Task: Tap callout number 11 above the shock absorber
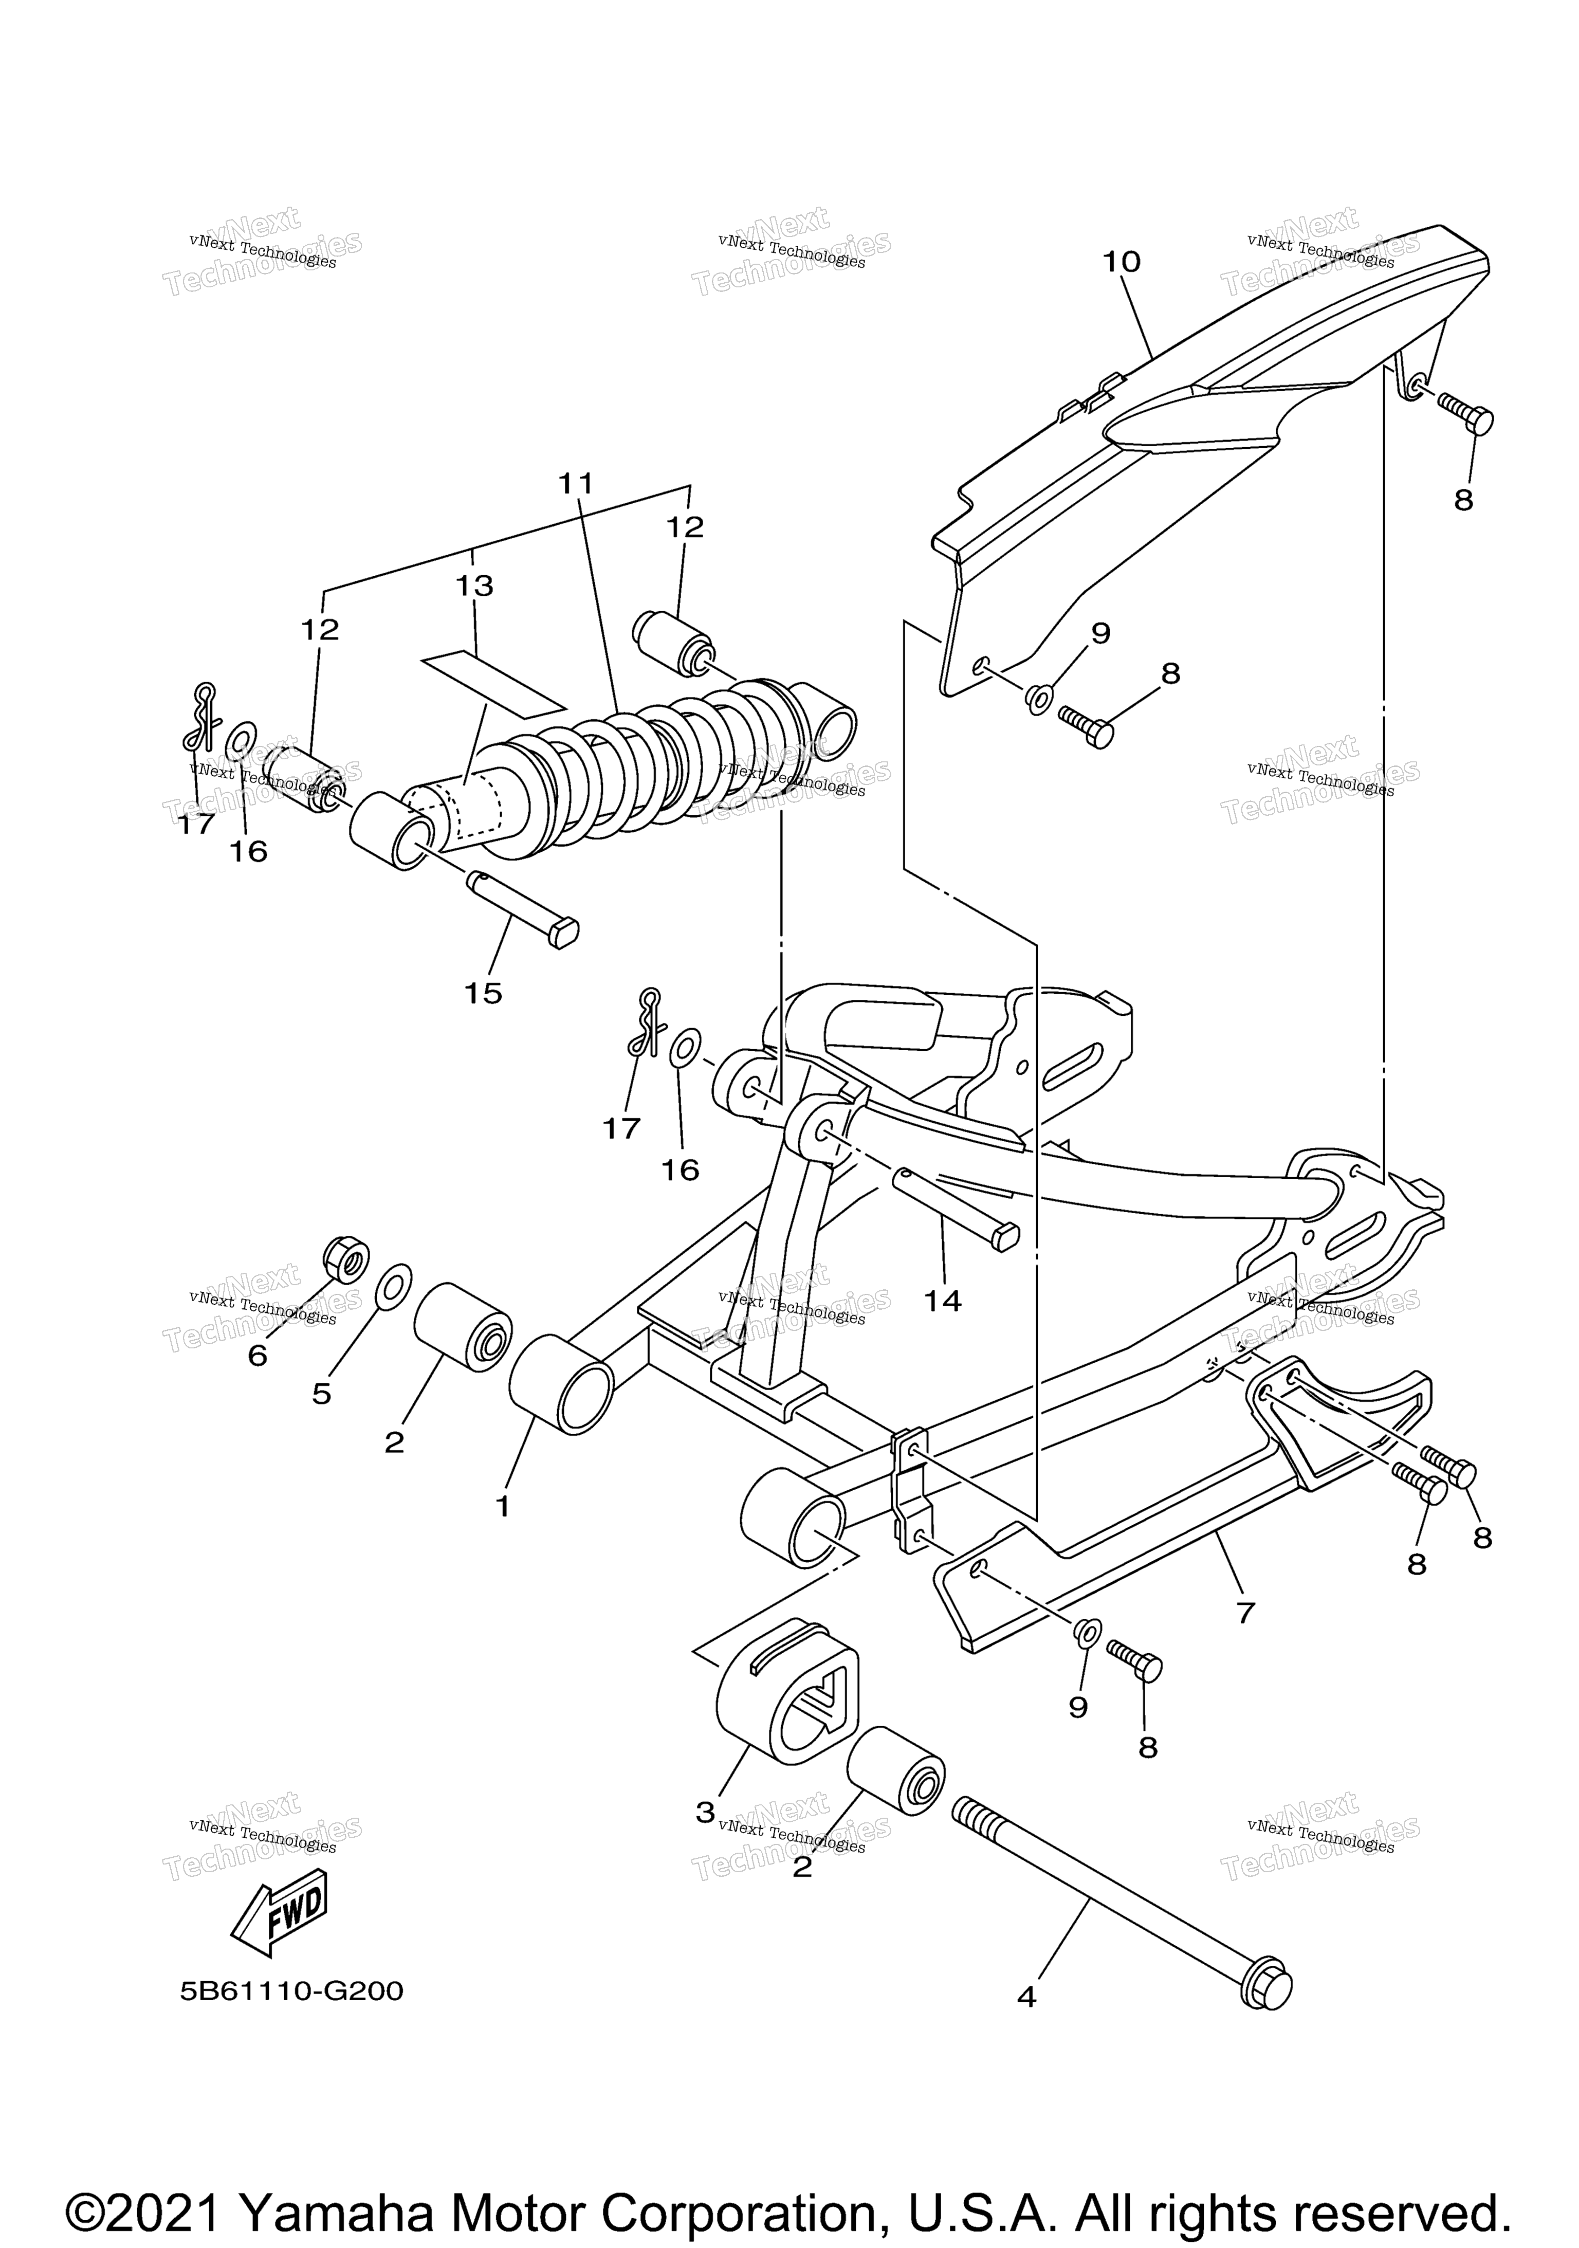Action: pyautogui.click(x=577, y=483)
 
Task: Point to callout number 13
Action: pyautogui.click(x=475, y=586)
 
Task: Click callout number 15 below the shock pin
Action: pyautogui.click(x=483, y=993)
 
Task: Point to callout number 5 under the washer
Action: pyautogui.click(x=321, y=1393)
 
